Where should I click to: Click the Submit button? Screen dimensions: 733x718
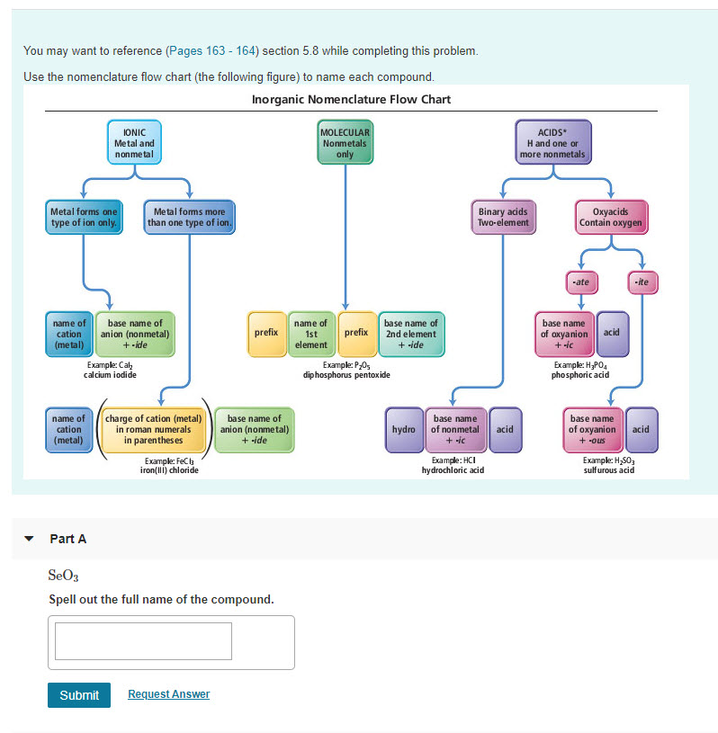(x=79, y=695)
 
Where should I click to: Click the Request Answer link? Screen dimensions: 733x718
(x=168, y=694)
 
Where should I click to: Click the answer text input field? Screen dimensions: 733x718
(x=143, y=641)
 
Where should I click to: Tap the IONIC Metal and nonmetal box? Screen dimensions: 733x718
(x=134, y=143)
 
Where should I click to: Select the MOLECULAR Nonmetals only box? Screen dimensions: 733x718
(x=345, y=143)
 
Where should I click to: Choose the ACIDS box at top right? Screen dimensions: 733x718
(x=552, y=143)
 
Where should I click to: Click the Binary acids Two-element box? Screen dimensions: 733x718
(x=503, y=218)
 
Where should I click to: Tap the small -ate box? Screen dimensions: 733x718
(x=580, y=282)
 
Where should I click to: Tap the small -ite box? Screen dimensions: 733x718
(x=642, y=282)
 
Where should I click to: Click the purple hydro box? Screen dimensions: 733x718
(x=403, y=430)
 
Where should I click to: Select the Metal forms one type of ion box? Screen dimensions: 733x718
(x=84, y=218)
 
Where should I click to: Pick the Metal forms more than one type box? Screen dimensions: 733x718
(x=189, y=218)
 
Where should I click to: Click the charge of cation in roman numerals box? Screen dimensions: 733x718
(x=155, y=430)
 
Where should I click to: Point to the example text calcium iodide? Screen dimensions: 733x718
(x=110, y=374)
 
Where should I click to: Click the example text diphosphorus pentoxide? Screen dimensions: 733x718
(x=346, y=374)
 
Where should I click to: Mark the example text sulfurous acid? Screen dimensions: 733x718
(x=608, y=469)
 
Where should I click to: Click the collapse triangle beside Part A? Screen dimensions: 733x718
(x=30, y=540)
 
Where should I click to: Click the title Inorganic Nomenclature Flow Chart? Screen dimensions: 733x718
(x=351, y=99)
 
